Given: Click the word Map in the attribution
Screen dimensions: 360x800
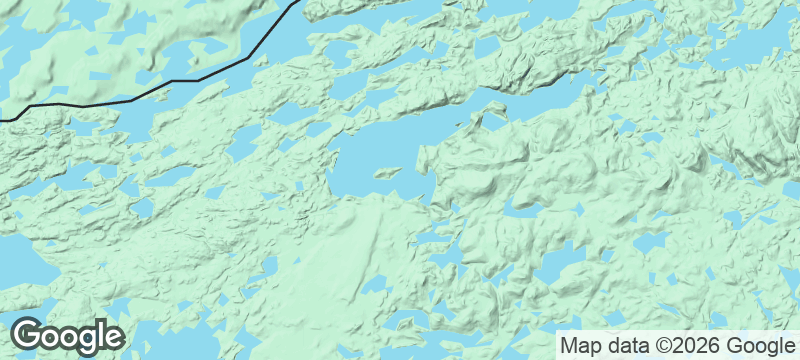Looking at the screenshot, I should pos(579,345).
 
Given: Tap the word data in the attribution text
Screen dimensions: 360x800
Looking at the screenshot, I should pos(625,345).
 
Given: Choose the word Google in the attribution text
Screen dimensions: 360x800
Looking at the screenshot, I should pos(753,345).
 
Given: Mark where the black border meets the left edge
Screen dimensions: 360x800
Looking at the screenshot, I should pos(1,120).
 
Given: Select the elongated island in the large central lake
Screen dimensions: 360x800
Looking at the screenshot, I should pos(388,172).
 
